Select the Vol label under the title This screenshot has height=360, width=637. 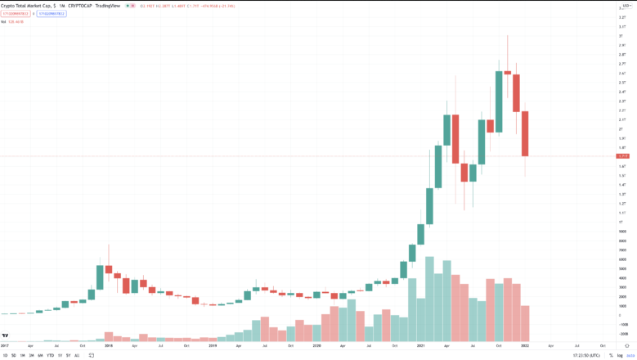tap(3, 20)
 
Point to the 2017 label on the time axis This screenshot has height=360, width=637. tap(4, 346)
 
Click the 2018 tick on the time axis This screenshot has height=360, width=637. tap(108, 346)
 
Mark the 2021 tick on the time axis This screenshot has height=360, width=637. tap(419, 346)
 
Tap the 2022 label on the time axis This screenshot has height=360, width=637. tap(524, 346)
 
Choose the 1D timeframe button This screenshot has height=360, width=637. tap(4, 355)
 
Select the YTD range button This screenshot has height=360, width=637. tap(50, 355)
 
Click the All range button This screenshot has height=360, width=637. tap(77, 355)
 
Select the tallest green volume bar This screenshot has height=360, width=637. tap(429, 299)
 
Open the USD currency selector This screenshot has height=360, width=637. tap(626, 7)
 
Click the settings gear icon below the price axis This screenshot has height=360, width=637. tap(626, 346)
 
